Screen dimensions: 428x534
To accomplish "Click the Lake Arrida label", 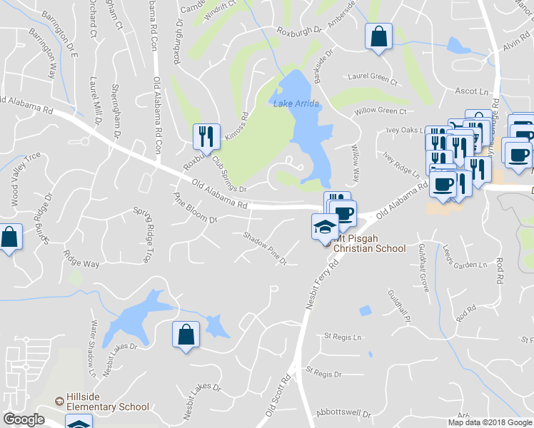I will (x=296, y=104).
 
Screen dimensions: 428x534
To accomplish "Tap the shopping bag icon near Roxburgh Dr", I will (x=378, y=36).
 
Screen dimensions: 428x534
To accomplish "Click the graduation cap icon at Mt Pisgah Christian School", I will (x=325, y=228).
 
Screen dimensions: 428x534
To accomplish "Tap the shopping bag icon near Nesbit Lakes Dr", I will (x=186, y=335).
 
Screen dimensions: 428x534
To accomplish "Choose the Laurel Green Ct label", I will (x=372, y=76).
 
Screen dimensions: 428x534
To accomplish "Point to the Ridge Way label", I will (x=81, y=263).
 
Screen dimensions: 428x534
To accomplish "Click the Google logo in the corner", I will (x=24, y=419).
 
